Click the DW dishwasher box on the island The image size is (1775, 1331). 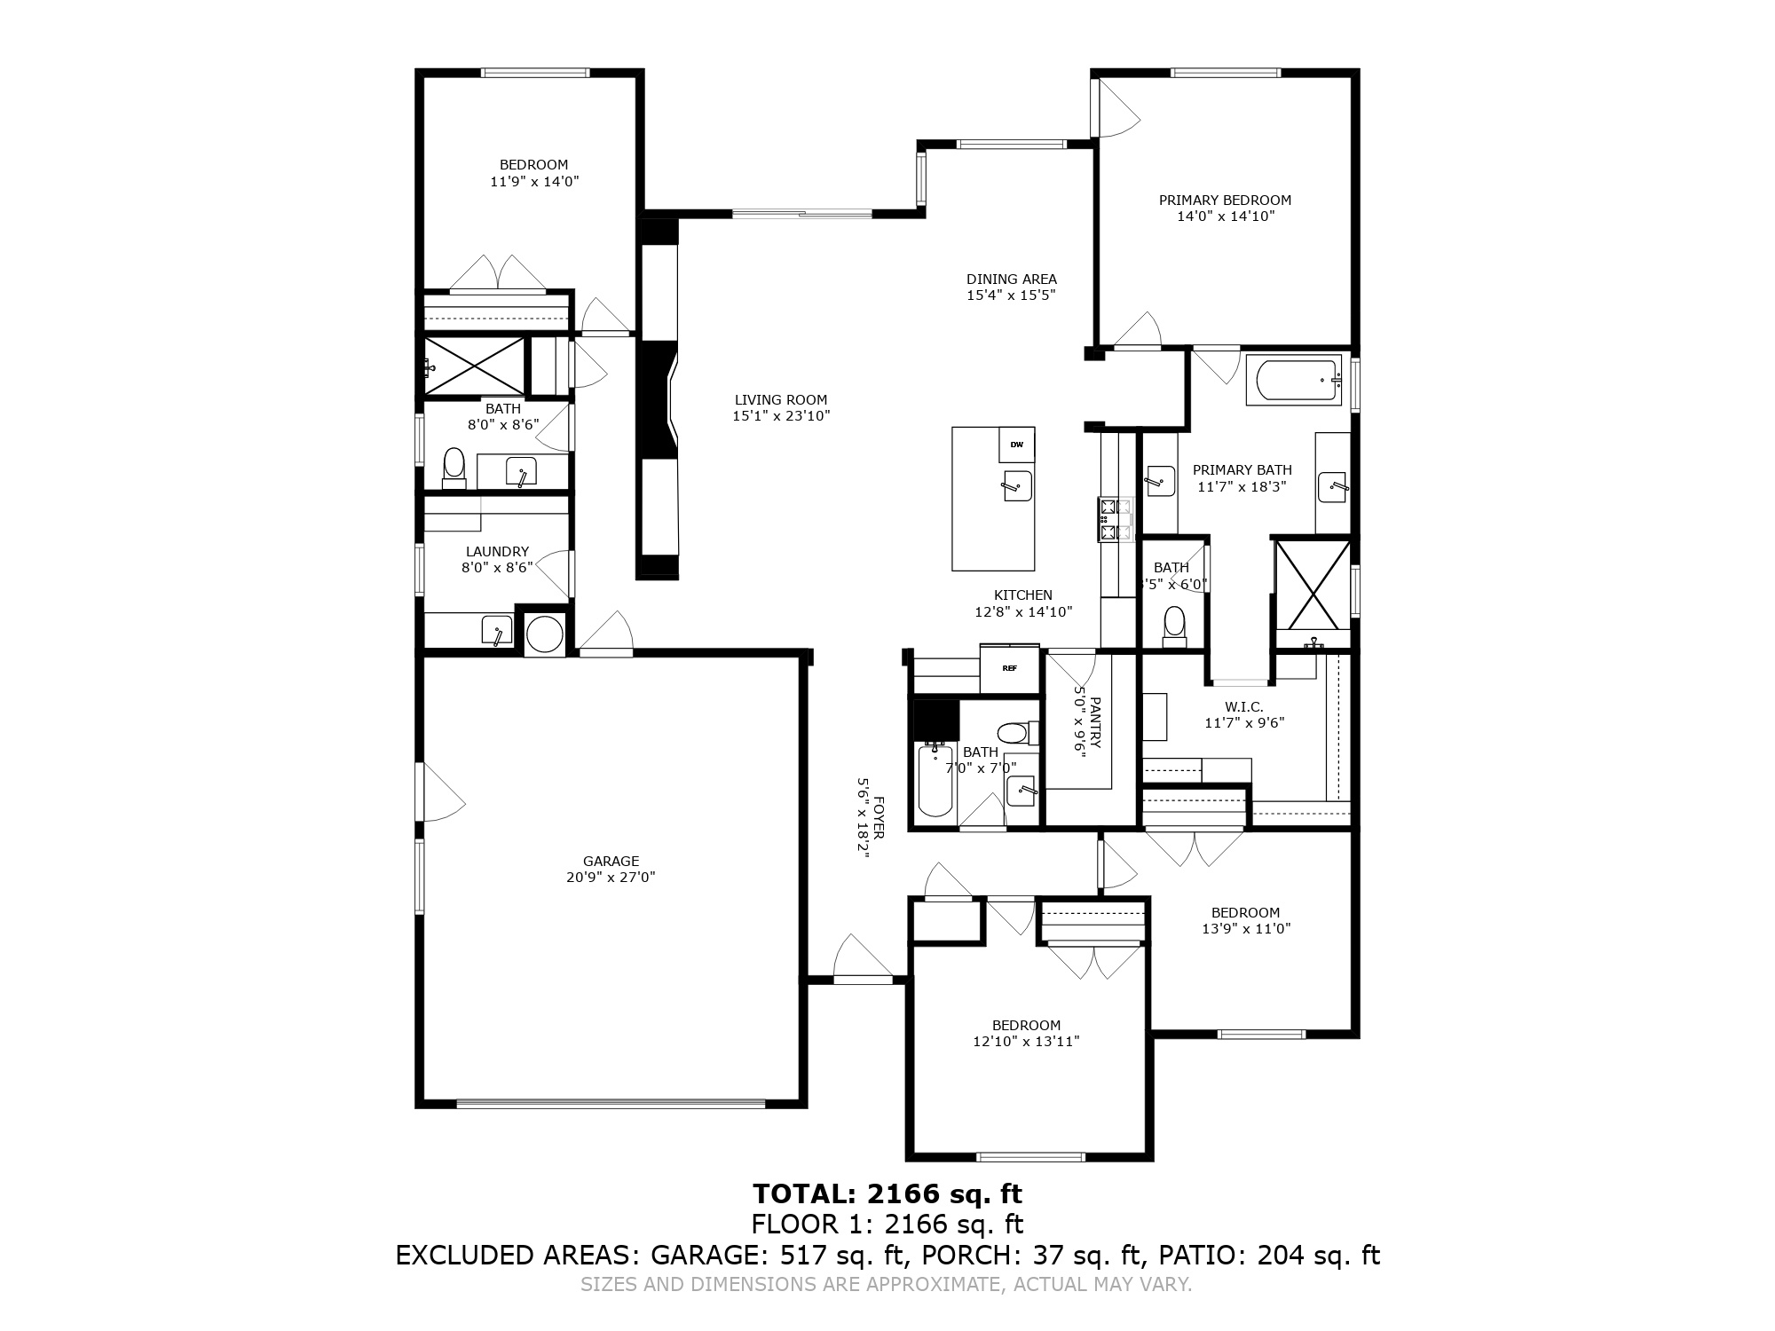tap(1016, 445)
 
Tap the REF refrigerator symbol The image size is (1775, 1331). tap(1009, 668)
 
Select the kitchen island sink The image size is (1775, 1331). tap(1017, 485)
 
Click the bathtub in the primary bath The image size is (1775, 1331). tap(1294, 381)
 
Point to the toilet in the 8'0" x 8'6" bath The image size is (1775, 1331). tap(454, 468)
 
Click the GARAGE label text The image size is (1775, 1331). tap(611, 861)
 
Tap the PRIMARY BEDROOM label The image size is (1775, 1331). tap(1225, 201)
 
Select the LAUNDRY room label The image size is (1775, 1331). tap(497, 551)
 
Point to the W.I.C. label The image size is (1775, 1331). tap(1243, 706)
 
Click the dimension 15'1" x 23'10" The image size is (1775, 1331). tap(781, 415)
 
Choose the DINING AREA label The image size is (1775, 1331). tap(1012, 279)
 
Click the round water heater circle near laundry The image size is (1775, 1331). tap(544, 634)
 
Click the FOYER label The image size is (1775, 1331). tap(879, 816)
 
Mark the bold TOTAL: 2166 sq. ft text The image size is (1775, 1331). tap(887, 1193)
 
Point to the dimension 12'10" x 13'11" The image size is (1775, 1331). tap(1026, 1042)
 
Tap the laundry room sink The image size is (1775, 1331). tap(496, 632)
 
